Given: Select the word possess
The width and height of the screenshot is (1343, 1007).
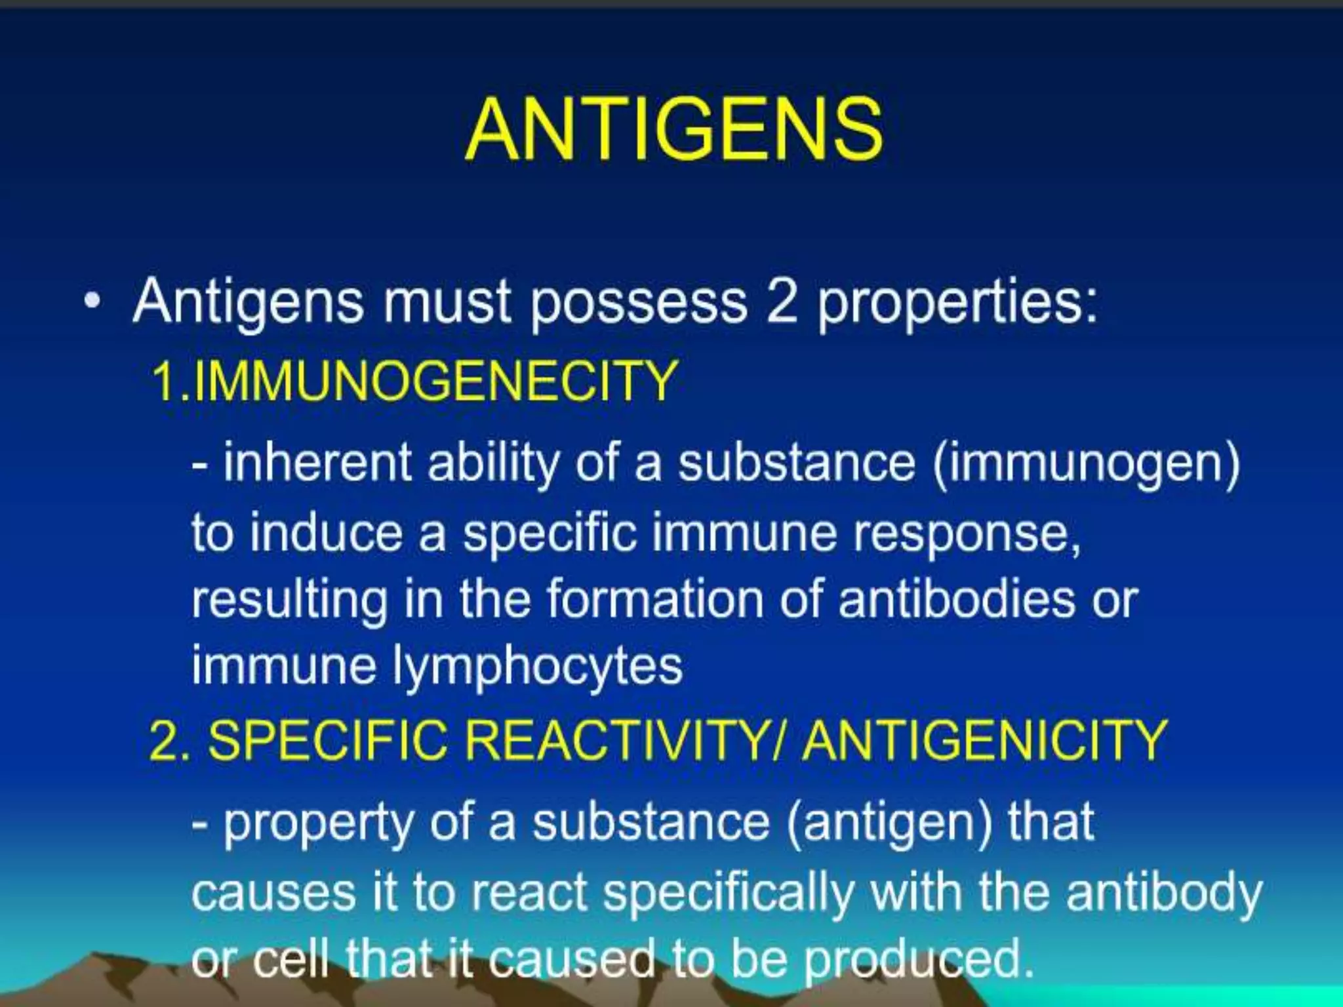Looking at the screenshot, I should [637, 303].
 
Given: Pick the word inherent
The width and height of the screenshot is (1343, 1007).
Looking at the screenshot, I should [317, 463].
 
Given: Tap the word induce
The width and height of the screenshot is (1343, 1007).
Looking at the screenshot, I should [326, 532].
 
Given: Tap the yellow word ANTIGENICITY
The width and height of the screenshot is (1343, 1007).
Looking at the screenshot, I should [984, 740].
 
